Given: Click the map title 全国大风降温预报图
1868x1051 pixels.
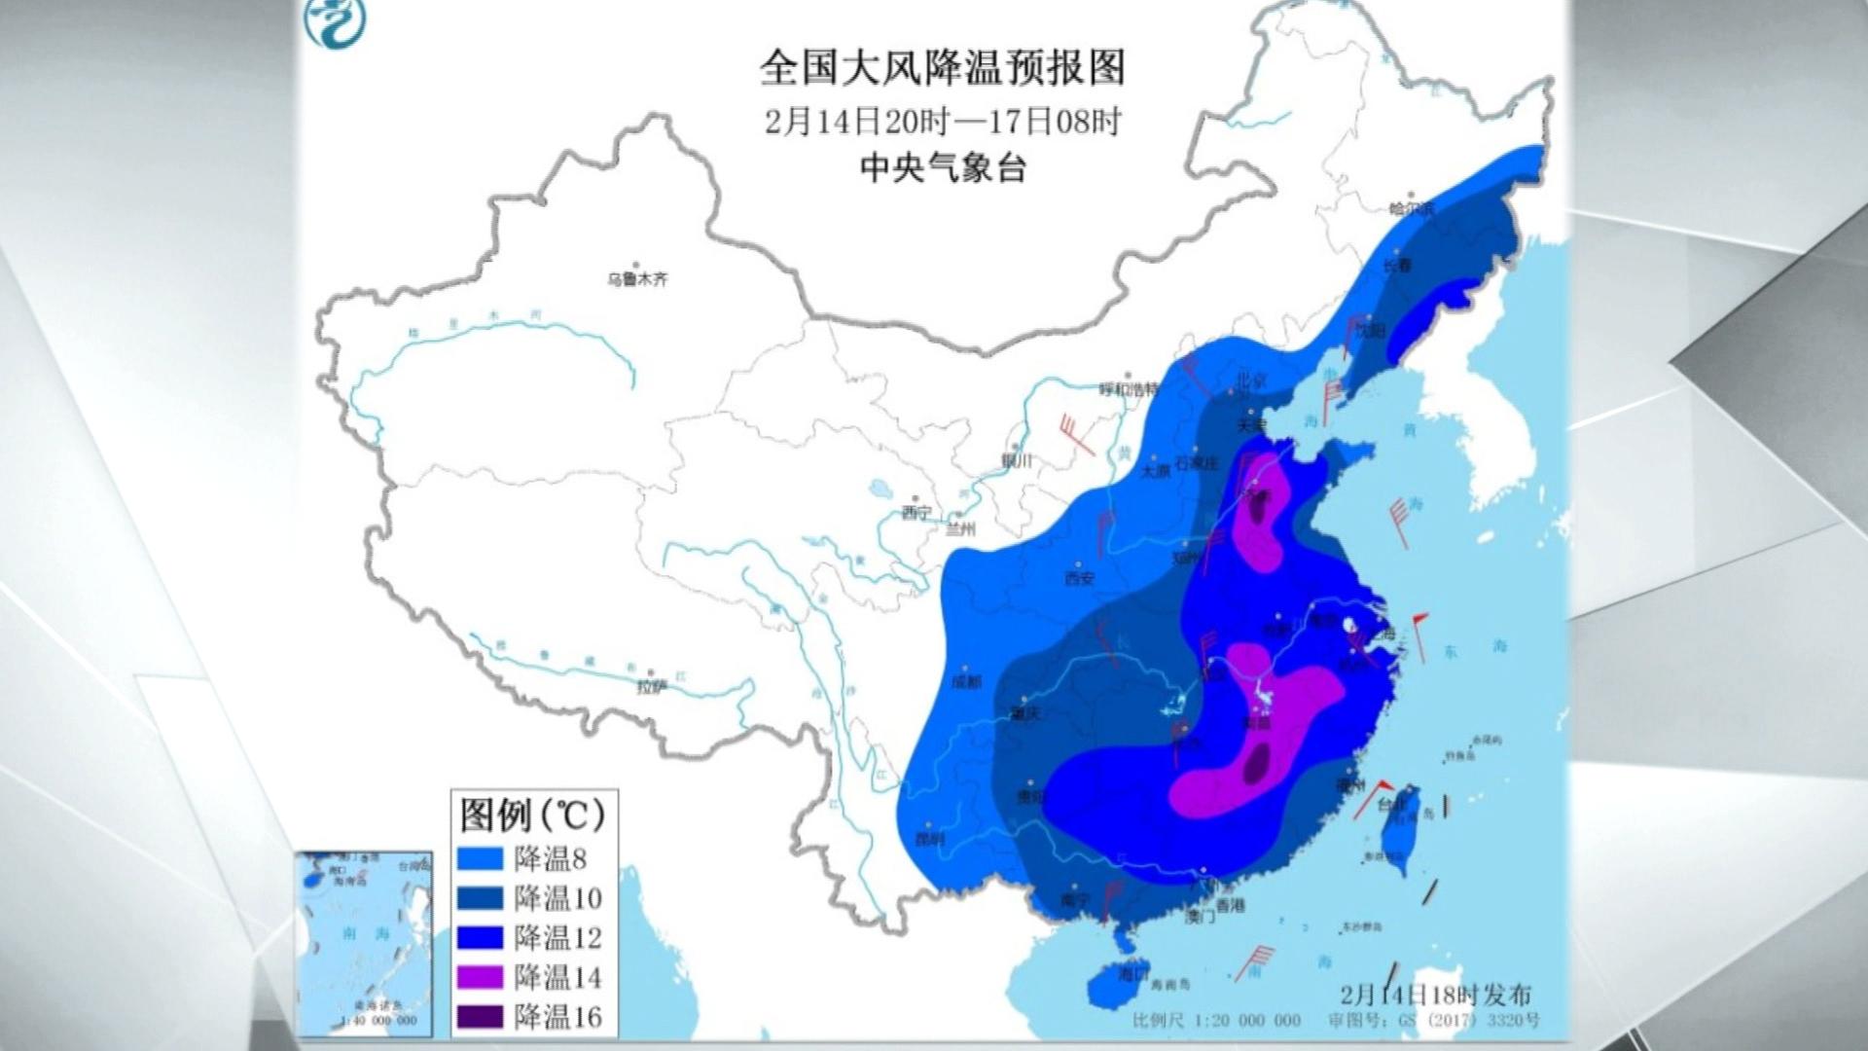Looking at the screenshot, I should click(942, 69).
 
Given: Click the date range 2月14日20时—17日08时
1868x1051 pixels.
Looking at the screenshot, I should click(942, 122).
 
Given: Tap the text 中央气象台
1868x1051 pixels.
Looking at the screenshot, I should click(942, 169).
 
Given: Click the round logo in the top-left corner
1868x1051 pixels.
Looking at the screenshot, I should click(330, 21).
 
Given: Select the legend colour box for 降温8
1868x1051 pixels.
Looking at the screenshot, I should click(481, 858).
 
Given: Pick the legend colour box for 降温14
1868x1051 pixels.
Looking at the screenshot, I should click(481, 976).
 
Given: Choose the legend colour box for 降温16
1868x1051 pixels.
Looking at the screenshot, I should click(481, 1017).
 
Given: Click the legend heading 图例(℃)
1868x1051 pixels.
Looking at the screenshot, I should click(532, 814).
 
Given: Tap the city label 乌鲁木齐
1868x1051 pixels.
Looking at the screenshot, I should click(638, 279).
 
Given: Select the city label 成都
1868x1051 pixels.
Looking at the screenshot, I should click(966, 681).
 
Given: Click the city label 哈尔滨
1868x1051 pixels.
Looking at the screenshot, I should click(1412, 208).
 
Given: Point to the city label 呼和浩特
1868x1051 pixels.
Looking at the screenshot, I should click(1129, 389).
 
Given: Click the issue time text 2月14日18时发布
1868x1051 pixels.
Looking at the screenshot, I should click(1435, 995).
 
